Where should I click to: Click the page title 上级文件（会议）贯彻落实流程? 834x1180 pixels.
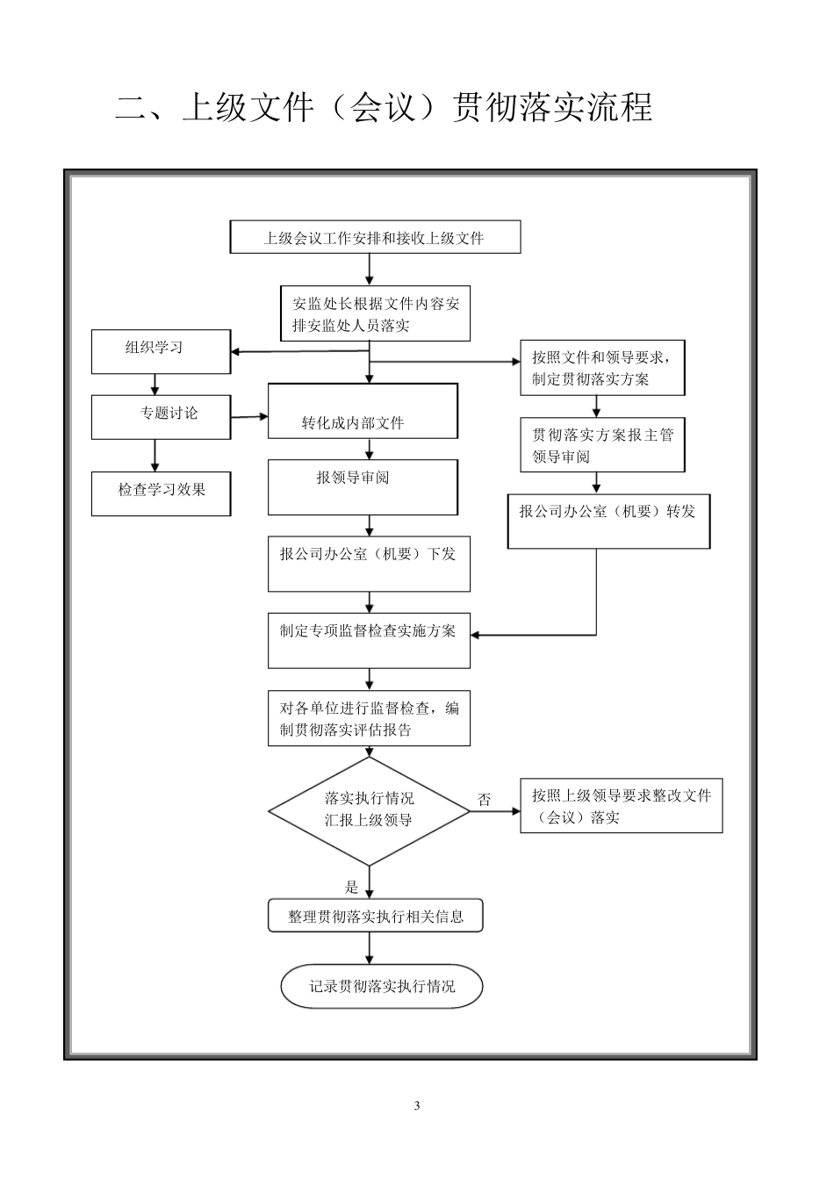(x=384, y=107)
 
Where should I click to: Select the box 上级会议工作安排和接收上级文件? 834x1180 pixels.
(x=375, y=237)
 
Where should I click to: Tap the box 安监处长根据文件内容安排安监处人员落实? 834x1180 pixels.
(x=375, y=313)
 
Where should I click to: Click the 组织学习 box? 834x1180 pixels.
(x=161, y=351)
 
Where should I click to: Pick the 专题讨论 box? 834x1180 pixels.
(x=161, y=416)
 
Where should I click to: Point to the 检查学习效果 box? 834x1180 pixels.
(x=161, y=493)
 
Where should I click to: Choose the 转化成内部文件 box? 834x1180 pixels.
(x=363, y=411)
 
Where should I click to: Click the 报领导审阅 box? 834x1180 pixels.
(x=363, y=487)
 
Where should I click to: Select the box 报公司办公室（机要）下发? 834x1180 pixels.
(x=369, y=564)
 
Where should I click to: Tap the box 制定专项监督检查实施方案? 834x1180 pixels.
(x=369, y=640)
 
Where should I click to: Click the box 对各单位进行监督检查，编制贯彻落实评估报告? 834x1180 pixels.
(x=369, y=718)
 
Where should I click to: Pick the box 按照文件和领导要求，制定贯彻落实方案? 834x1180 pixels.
(x=601, y=368)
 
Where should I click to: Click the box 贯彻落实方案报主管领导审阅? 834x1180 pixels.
(x=601, y=444)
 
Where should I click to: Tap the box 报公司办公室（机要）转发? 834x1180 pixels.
(x=608, y=522)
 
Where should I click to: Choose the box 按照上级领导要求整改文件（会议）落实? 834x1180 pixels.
(x=621, y=805)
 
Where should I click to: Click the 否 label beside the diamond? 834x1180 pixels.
(x=484, y=800)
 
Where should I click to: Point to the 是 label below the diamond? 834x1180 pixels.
(x=352, y=887)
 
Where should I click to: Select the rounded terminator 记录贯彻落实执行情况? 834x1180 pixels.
(x=381, y=986)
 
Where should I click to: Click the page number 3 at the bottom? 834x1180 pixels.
(x=416, y=1105)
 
